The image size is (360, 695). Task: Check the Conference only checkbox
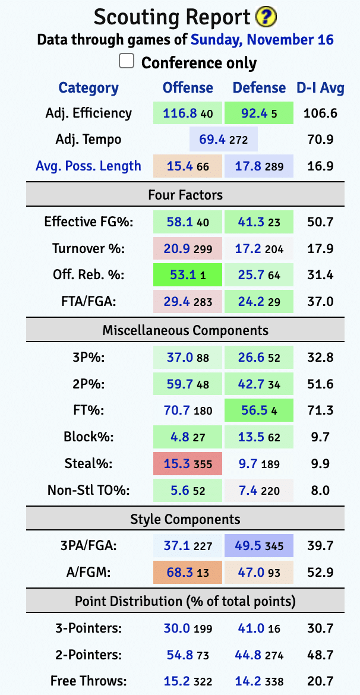(127, 62)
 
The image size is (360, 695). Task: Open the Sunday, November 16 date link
(262, 40)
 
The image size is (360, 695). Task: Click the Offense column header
(188, 88)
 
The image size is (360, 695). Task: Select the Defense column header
(259, 88)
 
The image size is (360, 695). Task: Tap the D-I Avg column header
(321, 88)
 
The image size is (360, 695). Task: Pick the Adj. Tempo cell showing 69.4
(223, 140)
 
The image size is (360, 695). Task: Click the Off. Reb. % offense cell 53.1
(188, 276)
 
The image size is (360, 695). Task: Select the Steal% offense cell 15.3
(188, 464)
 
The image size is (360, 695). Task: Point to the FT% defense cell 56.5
(259, 410)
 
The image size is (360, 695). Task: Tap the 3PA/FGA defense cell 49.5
(259, 545)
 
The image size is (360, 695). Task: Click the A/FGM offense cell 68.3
(188, 572)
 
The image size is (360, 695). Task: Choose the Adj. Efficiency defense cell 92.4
(259, 113)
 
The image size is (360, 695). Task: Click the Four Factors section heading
(185, 194)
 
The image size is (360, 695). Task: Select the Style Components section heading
(185, 519)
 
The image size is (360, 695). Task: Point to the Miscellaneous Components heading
(185, 330)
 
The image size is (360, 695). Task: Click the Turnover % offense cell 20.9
(188, 249)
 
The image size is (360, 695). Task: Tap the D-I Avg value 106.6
(321, 113)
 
